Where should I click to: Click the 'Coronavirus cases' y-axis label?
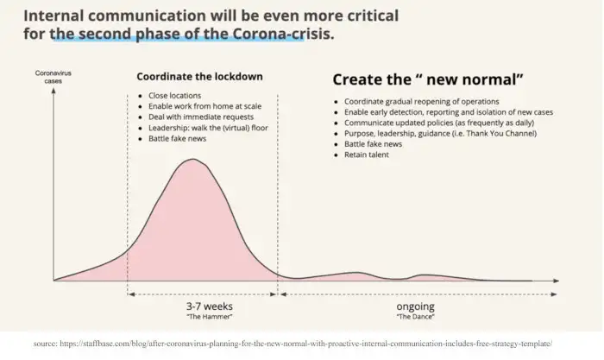point(53,77)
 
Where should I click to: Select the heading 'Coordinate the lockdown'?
point(199,76)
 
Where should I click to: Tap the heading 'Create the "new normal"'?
point(428,79)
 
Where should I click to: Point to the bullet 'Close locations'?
point(175,95)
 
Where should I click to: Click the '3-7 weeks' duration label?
point(210,306)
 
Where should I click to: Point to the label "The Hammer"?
point(210,317)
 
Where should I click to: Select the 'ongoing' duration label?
point(416,306)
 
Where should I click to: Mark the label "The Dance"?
point(416,317)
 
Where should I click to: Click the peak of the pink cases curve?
point(192,159)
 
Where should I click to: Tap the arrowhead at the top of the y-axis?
point(53,90)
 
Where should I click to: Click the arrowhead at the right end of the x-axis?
point(556,281)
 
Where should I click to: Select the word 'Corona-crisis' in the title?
point(284,34)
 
